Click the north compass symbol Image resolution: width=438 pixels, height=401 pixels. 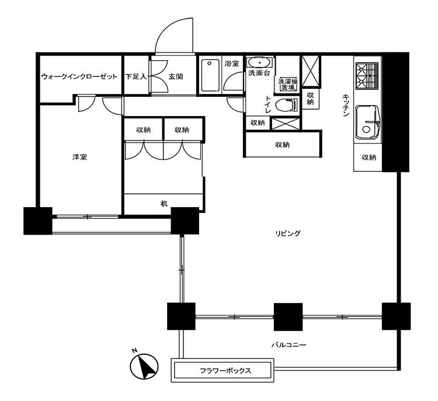click(x=144, y=366)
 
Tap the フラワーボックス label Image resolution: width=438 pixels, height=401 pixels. click(x=225, y=371)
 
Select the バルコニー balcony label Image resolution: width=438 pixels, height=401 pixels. click(x=289, y=345)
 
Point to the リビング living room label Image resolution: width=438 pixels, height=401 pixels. click(x=288, y=233)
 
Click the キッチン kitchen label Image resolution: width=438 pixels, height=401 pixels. click(x=346, y=105)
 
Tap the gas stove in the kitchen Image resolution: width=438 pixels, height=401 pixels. click(x=367, y=75)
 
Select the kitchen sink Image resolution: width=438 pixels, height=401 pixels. click(x=367, y=123)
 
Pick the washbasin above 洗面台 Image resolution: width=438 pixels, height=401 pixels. click(x=260, y=62)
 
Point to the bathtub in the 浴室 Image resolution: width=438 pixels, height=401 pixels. click(x=210, y=75)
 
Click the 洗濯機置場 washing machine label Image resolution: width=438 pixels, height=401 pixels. click(x=288, y=85)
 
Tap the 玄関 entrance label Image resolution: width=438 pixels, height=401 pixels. click(x=175, y=76)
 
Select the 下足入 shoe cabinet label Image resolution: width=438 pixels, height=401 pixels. click(x=135, y=76)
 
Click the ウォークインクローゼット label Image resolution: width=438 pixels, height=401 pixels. click(x=79, y=76)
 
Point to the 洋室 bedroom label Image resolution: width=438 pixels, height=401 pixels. click(x=79, y=157)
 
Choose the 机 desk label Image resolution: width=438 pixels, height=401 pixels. click(x=164, y=204)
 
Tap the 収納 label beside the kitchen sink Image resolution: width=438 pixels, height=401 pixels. click(x=369, y=157)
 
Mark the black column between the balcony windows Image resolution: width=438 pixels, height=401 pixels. click(x=288, y=317)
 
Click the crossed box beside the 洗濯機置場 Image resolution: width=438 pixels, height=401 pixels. click(x=311, y=71)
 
